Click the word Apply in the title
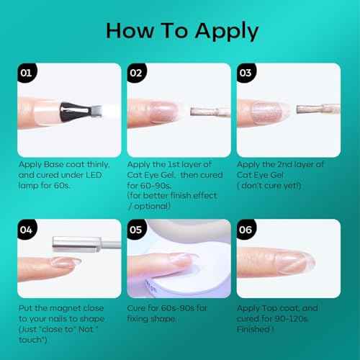coord(227,31)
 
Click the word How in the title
coord(130,31)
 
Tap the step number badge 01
coord(27,73)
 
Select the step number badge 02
coord(136,73)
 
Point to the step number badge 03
coord(246,73)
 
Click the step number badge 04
coord(27,230)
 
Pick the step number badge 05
coord(136,230)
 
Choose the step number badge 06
coord(246,230)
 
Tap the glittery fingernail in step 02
coord(163,112)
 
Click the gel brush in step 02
coord(210,112)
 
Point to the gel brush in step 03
coord(318,109)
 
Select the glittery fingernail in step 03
coord(268,112)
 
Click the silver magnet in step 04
coord(86,244)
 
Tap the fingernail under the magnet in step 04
coord(66,262)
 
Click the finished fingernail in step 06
coord(297,262)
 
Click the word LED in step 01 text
coord(94,175)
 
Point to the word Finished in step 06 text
coord(253,329)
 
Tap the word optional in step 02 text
coord(152,206)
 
